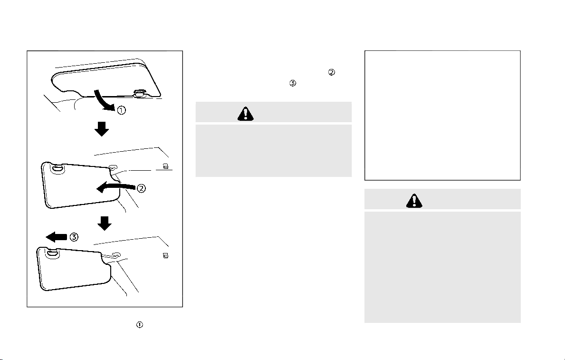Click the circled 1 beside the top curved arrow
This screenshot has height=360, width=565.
(x=122, y=110)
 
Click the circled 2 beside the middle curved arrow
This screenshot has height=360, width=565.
(x=141, y=188)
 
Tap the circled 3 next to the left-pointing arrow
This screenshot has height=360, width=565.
(x=74, y=237)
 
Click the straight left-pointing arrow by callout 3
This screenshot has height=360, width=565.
(x=57, y=237)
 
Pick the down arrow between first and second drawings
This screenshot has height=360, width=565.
(x=102, y=129)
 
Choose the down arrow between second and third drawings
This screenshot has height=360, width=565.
(x=105, y=224)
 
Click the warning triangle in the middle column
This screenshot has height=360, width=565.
(x=245, y=114)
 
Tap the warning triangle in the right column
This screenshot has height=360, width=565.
(x=414, y=201)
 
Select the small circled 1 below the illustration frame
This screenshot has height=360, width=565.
(x=139, y=325)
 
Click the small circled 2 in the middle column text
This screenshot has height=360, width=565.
(x=332, y=72)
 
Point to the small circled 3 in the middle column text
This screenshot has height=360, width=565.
(x=293, y=83)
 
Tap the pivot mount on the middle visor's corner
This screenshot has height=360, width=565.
(x=57, y=168)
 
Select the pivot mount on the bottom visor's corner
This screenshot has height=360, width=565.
(x=52, y=253)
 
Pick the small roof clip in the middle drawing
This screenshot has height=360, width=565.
(x=165, y=166)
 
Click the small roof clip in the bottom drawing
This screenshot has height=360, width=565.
(x=165, y=256)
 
